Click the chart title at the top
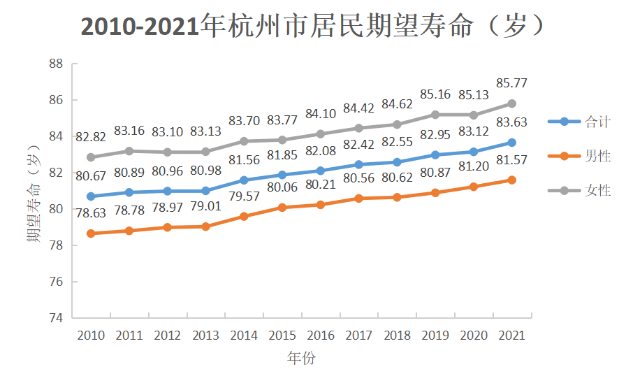313,26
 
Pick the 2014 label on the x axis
244,336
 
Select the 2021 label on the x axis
511,336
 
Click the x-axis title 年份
301,359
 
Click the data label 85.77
512,83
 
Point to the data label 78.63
91,215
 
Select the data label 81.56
244,160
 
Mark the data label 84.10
320,113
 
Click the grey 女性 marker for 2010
91,157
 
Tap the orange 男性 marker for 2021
511,180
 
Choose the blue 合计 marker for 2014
244,180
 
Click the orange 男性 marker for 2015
282,207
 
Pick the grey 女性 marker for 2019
435,115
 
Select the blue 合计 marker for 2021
511,143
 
